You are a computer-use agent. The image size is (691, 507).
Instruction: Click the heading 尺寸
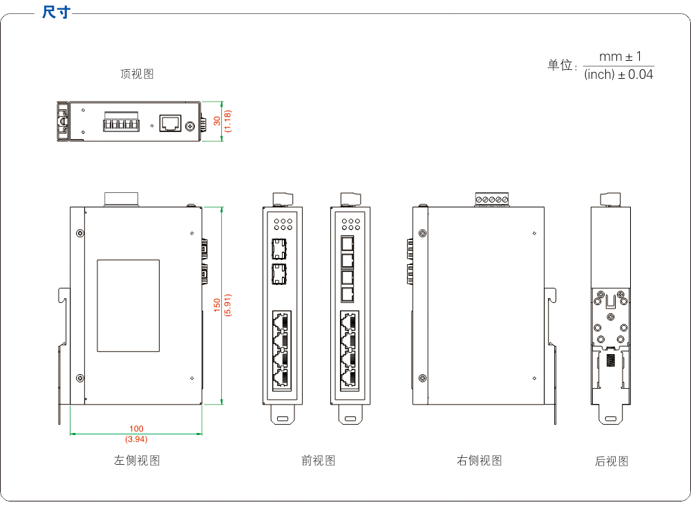[56, 12]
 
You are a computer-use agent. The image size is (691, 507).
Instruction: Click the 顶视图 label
[137, 74]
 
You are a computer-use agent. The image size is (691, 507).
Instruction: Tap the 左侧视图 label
[137, 460]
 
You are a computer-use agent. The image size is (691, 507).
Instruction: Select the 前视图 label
[319, 460]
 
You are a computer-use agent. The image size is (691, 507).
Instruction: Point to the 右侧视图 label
[480, 460]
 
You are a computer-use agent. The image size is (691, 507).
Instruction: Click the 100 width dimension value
[136, 430]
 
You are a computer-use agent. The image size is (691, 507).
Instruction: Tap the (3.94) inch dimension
[136, 439]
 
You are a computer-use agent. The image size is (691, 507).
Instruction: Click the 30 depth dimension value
[217, 121]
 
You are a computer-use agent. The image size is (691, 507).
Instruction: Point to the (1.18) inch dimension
[227, 121]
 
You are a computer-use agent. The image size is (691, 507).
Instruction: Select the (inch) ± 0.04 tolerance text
[618, 74]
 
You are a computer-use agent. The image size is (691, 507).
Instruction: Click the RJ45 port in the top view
[169, 123]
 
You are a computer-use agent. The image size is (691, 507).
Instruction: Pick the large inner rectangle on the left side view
[128, 306]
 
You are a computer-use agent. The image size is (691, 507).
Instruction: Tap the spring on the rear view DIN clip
[611, 360]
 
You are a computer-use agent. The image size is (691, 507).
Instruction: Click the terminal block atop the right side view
[492, 199]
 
